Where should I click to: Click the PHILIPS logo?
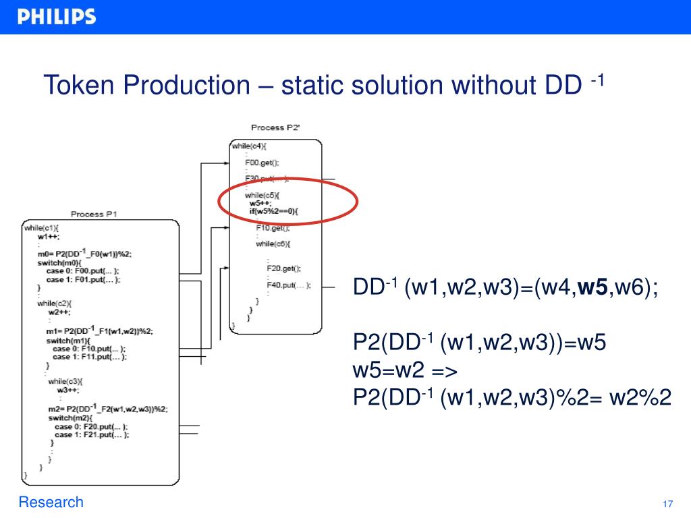pyautogui.click(x=57, y=17)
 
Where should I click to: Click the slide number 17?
pyautogui.click(x=668, y=505)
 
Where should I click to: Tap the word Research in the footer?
pyautogui.click(x=51, y=502)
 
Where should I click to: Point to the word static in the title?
pyautogui.click(x=316, y=86)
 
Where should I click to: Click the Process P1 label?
pyautogui.click(x=94, y=214)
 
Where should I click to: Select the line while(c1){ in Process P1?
pyautogui.click(x=42, y=228)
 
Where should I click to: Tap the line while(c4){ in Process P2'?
pyautogui.click(x=249, y=146)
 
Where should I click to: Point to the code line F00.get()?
pyautogui.click(x=262, y=163)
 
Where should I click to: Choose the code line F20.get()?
pyautogui.click(x=283, y=268)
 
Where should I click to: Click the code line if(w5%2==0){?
pyautogui.click(x=273, y=211)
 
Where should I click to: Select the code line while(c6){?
pyautogui.click(x=273, y=243)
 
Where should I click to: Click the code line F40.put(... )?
pyautogui.click(x=288, y=285)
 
